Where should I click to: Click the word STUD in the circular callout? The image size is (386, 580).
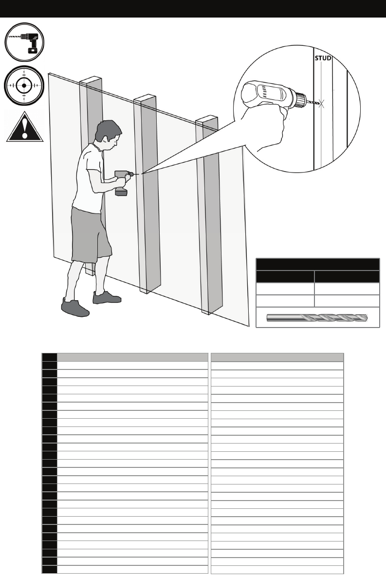point(322,58)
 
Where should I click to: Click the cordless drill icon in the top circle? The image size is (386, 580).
point(24,42)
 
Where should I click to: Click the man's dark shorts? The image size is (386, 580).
point(91,234)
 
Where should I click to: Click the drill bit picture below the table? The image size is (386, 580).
point(317,318)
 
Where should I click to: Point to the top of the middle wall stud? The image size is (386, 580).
point(145,98)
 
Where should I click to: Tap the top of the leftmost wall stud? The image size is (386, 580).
point(91,79)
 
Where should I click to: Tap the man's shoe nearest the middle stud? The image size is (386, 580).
point(107,297)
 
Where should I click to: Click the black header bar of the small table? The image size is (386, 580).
point(317,264)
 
